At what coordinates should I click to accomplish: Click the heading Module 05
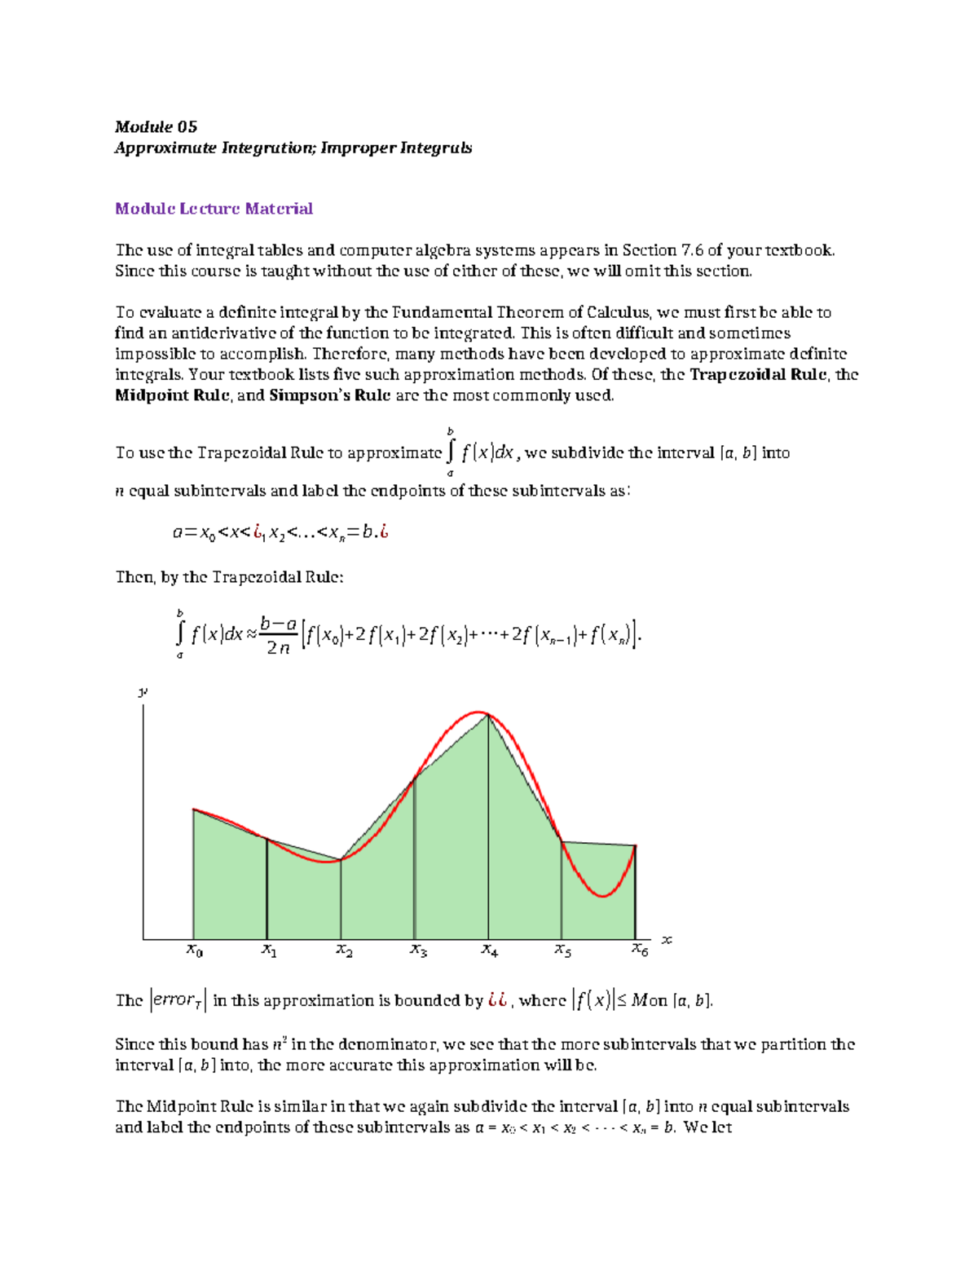point(156,126)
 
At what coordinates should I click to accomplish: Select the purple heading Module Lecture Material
point(214,209)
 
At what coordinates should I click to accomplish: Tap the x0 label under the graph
point(194,950)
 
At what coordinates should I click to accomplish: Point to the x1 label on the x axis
point(269,950)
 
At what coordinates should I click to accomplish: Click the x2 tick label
point(344,950)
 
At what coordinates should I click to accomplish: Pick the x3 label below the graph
point(418,950)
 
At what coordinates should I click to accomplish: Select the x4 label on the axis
point(489,950)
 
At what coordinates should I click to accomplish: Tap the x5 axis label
point(562,950)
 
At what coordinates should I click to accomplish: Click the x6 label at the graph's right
point(640,950)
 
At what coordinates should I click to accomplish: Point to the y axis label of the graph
point(143,692)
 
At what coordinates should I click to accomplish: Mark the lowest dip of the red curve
point(602,896)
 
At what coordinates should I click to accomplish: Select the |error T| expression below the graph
point(178,1000)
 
